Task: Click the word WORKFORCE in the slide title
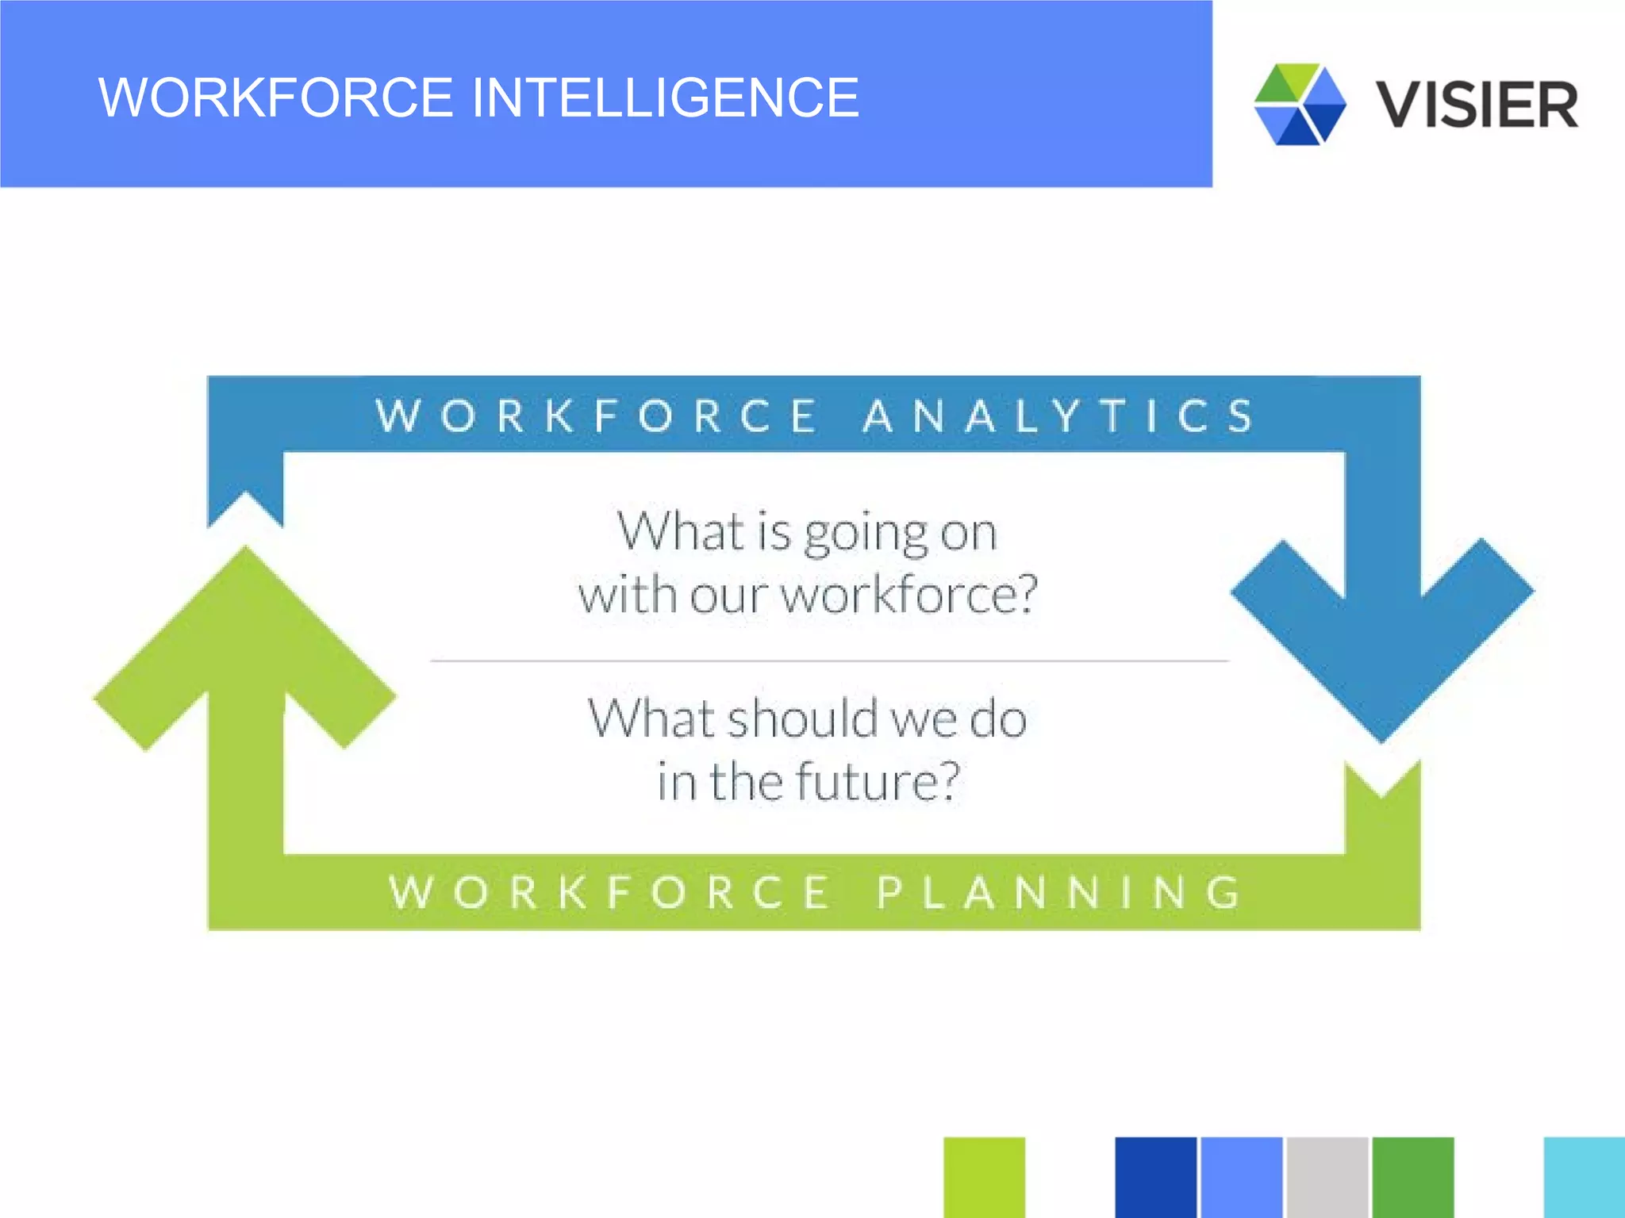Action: [x=275, y=98]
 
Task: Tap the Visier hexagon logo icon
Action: [x=1300, y=104]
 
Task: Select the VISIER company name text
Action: [x=1477, y=105]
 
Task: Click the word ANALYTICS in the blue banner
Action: [x=1058, y=416]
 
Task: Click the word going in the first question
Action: [x=866, y=533]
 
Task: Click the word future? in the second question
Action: [x=878, y=781]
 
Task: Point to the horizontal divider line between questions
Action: [x=829, y=660]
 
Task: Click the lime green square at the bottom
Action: [x=984, y=1178]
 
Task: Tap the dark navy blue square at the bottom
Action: [x=1155, y=1178]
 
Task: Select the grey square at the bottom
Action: [x=1327, y=1178]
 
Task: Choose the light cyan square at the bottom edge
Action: [x=1584, y=1178]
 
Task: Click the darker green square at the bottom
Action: [x=1412, y=1178]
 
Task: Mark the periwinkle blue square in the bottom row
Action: [x=1241, y=1178]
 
